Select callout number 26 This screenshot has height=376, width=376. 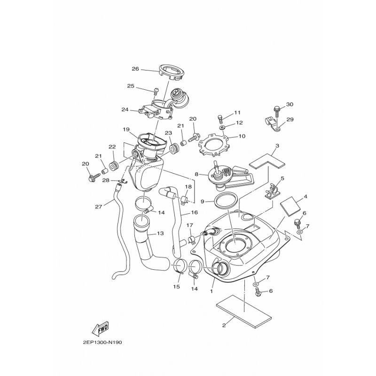tap(135, 69)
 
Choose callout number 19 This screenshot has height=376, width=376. tap(126, 130)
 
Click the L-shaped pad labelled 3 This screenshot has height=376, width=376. tap(267, 161)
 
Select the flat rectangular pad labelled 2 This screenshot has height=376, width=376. tap(244, 311)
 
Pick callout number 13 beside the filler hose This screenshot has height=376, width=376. tap(160, 233)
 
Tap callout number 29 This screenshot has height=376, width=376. tap(290, 119)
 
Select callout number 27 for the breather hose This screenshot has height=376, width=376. tap(99, 206)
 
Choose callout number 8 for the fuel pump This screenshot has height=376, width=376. tap(196, 174)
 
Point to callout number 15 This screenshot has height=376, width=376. tap(177, 287)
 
